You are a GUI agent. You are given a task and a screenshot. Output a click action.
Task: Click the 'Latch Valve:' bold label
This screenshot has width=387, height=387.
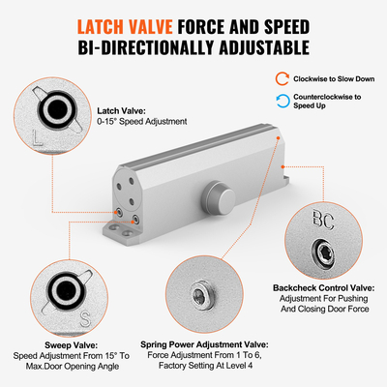(x=121, y=110)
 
